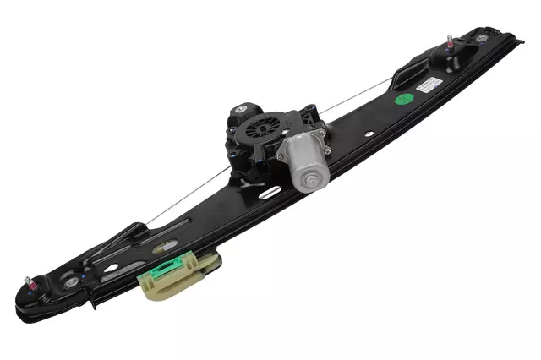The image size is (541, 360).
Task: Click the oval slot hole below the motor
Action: tap(270, 193)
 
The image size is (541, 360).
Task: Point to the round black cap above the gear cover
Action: tap(240, 109)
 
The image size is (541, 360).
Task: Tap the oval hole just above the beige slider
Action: tap(165, 246)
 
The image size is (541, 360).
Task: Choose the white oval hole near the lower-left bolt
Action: tap(111, 268)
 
